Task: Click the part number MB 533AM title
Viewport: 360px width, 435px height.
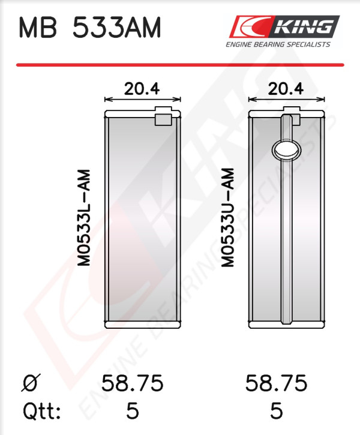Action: coord(89,27)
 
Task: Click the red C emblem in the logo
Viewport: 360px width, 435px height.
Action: coord(249,26)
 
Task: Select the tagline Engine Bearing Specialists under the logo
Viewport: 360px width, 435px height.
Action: coord(278,44)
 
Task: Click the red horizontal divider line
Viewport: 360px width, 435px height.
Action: coord(180,65)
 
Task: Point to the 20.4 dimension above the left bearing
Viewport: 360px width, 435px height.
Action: coord(142,89)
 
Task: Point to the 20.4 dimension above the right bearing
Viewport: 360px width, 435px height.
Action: coord(286,89)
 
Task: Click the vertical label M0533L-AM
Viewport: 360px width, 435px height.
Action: coord(84,218)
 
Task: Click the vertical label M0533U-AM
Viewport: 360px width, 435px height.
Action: coord(228,217)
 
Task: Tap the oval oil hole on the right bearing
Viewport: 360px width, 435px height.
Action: coord(287,150)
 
